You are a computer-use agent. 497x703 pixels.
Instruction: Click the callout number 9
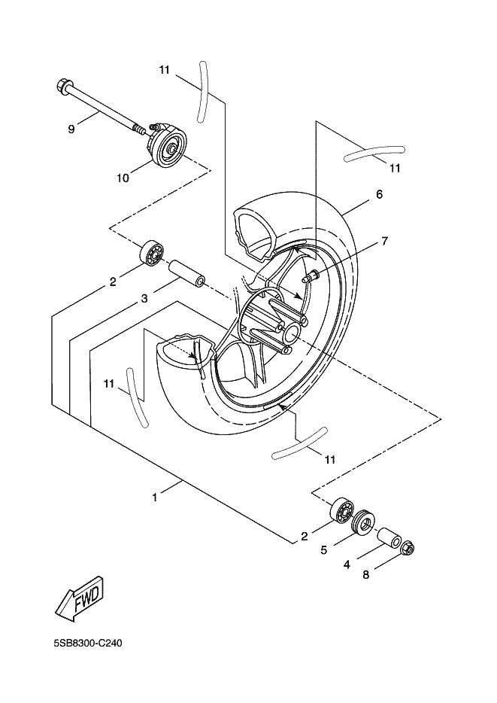pos(71,129)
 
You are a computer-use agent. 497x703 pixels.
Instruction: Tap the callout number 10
pos(123,178)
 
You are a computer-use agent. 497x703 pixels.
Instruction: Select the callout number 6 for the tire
pos(380,194)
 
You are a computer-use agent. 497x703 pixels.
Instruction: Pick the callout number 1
pos(154,497)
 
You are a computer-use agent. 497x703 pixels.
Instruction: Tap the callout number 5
pos(324,550)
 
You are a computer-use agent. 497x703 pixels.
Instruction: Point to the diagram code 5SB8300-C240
pos(87,644)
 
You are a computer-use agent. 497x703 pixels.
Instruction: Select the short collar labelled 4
pos(390,537)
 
